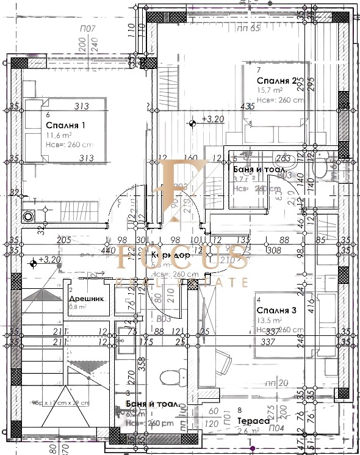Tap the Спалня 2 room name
277,81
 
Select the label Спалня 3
276,311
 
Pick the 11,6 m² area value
60,136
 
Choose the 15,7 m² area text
270,90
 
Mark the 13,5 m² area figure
269,320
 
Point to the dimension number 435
247,107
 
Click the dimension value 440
108,250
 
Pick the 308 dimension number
274,250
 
